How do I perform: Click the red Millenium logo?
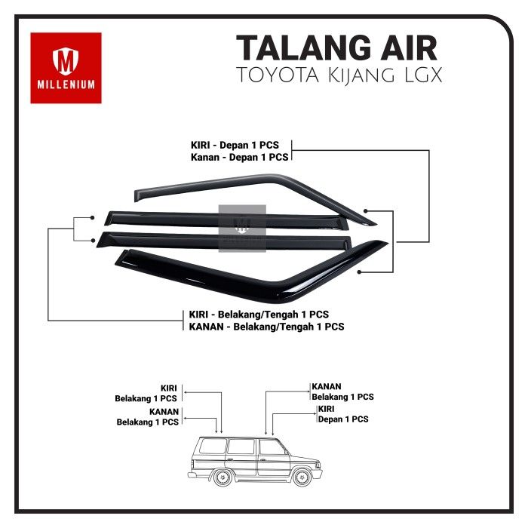[66, 67]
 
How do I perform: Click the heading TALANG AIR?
[336, 48]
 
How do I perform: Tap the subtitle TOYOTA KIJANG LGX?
[336, 75]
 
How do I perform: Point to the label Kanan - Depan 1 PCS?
[240, 157]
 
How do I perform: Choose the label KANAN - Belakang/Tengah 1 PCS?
[262, 327]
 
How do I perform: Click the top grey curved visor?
[249, 186]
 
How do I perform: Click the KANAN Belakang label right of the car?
[342, 391]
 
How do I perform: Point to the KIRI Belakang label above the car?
[148, 392]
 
